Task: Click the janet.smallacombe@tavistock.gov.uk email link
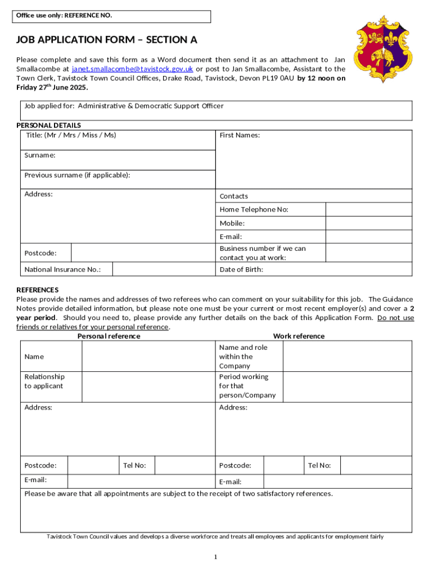(x=132, y=69)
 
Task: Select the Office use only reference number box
(x=112, y=16)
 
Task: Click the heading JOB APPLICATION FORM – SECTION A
(x=106, y=40)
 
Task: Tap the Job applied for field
(x=216, y=110)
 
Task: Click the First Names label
(x=240, y=135)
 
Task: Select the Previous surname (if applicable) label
(x=78, y=175)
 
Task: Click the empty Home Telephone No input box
(x=369, y=209)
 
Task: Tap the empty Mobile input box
(x=369, y=223)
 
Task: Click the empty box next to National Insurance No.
(x=164, y=269)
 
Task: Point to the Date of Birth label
(x=241, y=269)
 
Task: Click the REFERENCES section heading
(x=37, y=290)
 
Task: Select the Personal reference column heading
(x=109, y=336)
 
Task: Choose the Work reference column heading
(x=299, y=336)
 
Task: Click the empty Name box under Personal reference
(x=148, y=357)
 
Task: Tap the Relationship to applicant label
(x=44, y=381)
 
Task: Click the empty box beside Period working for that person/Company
(x=347, y=386)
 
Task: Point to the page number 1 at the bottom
(x=215, y=557)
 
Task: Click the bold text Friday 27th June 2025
(x=52, y=88)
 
